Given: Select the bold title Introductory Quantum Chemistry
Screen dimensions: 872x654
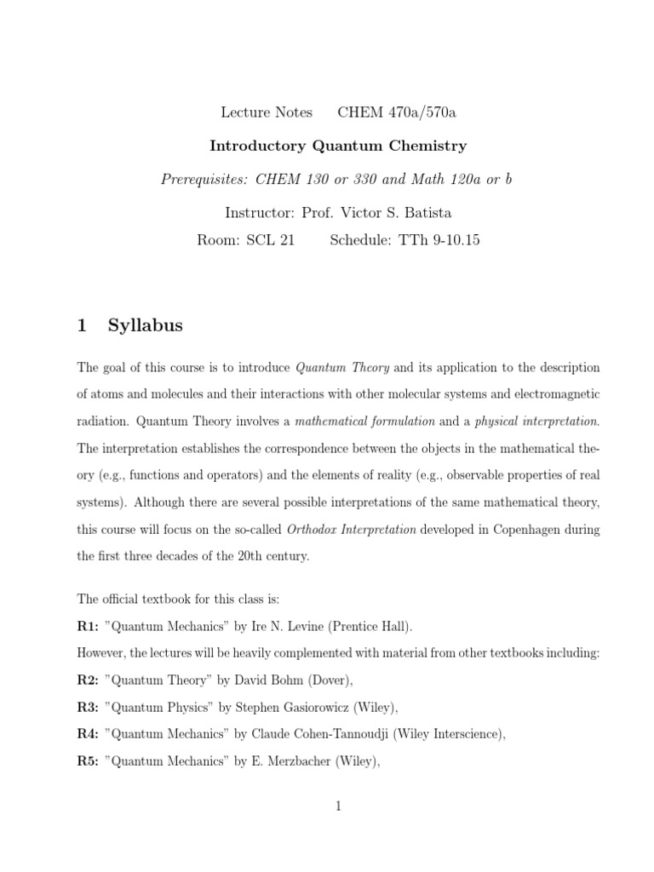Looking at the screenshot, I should coord(338,146).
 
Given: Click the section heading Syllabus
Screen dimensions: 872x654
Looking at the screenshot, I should coord(145,325).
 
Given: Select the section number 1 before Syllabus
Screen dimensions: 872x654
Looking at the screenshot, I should coord(82,325).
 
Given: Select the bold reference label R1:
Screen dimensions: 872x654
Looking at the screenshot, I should coord(88,626).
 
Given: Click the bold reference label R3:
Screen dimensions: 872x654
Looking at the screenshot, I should coord(88,707).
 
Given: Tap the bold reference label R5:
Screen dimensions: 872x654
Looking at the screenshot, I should coord(88,761).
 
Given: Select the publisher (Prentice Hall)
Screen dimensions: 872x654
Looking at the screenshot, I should coord(371,626).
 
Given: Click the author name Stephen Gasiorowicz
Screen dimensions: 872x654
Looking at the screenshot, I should coord(294,707).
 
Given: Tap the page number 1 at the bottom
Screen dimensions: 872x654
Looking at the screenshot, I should coord(338,808).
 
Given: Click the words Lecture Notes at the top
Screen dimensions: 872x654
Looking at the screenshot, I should coord(267,112).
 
